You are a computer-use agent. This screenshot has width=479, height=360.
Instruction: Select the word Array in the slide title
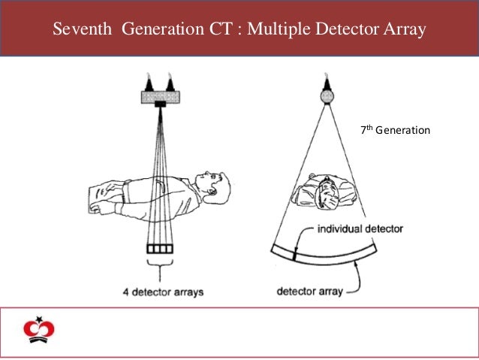[406, 30]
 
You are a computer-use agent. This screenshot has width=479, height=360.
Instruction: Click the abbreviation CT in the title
[219, 30]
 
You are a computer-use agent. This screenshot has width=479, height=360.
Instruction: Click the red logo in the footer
[35, 329]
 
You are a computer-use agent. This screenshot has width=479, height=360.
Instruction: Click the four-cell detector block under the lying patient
[159, 248]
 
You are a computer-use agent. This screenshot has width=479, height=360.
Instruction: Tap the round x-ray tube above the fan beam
[327, 95]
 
